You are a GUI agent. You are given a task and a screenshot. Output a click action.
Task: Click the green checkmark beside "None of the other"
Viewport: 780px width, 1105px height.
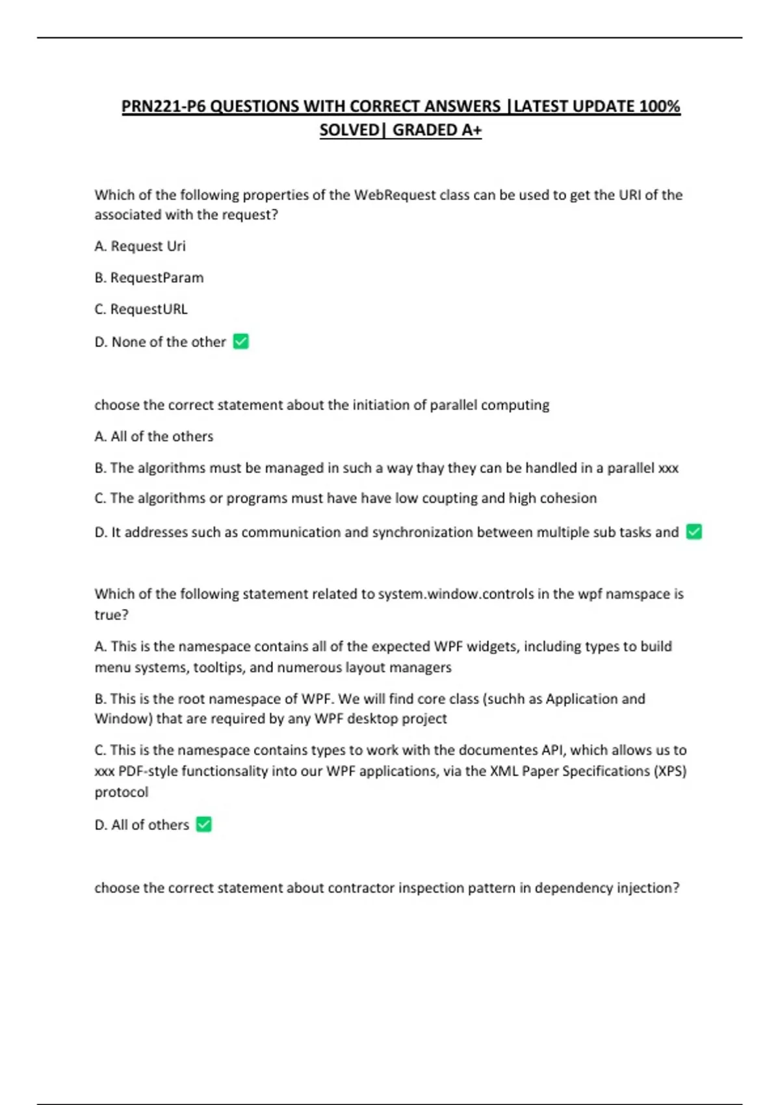[x=240, y=341]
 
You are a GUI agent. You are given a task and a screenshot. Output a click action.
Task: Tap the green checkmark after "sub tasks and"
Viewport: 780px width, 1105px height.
[x=694, y=532]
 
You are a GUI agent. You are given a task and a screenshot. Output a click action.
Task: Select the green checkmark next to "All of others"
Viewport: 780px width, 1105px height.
[x=203, y=824]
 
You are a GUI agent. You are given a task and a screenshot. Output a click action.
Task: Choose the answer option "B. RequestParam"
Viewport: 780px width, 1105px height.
[x=149, y=278]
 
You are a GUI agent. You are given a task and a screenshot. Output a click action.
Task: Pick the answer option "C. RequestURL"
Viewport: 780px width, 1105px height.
[x=141, y=309]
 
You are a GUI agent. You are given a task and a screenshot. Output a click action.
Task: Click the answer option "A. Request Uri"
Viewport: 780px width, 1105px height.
[x=140, y=246]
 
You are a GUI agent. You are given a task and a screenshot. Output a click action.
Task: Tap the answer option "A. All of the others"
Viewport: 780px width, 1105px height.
[x=153, y=436]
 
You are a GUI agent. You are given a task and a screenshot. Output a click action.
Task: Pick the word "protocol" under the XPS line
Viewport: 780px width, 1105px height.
[x=122, y=792]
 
